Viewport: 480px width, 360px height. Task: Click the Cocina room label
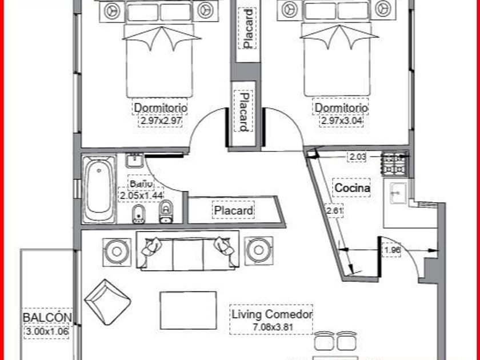352,187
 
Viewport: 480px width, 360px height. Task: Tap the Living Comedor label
272,314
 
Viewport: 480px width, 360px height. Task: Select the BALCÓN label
47,318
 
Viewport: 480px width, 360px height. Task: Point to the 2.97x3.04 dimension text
341,121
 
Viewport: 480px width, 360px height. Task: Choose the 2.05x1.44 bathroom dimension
141,195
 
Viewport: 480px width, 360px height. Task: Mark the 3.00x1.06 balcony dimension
47,331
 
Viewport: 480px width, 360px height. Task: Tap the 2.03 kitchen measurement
358,157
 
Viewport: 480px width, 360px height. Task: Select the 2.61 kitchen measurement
335,211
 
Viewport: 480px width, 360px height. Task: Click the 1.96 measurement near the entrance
392,250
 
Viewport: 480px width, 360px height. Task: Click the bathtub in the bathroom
99,189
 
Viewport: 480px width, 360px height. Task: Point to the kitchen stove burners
395,164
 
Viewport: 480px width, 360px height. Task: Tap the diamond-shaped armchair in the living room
107,302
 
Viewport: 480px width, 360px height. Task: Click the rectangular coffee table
188,310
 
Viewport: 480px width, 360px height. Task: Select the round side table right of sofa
259,250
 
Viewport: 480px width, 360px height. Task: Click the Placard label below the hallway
233,210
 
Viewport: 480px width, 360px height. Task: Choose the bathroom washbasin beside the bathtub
134,160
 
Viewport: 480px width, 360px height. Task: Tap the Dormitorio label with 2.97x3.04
341,108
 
